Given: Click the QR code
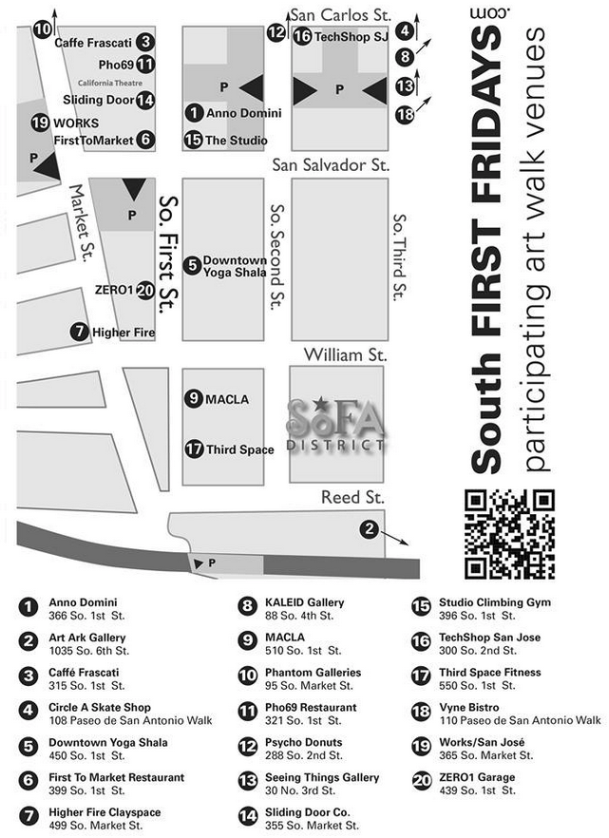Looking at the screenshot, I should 508,533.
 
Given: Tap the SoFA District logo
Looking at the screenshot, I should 337,427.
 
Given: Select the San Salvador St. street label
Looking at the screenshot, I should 331,165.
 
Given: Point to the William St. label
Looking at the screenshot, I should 345,355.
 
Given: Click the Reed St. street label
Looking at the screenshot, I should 352,498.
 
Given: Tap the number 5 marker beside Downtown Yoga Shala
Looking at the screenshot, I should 192,265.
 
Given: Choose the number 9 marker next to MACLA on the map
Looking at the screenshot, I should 194,399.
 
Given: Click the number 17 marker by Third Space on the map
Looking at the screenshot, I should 195,448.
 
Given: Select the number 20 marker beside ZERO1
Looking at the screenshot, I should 145,290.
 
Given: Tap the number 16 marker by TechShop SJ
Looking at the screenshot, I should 301,36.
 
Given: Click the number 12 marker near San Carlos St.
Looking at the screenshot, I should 276,32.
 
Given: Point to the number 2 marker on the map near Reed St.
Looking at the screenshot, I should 369,528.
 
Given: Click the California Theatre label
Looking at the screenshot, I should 105,83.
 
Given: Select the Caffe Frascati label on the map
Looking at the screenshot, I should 93,43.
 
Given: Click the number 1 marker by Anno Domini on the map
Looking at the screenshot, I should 194,113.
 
